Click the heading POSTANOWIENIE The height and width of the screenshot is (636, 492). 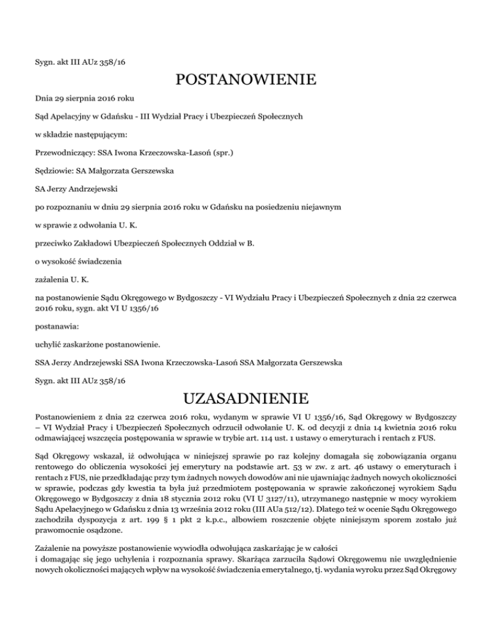[x=245, y=81]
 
